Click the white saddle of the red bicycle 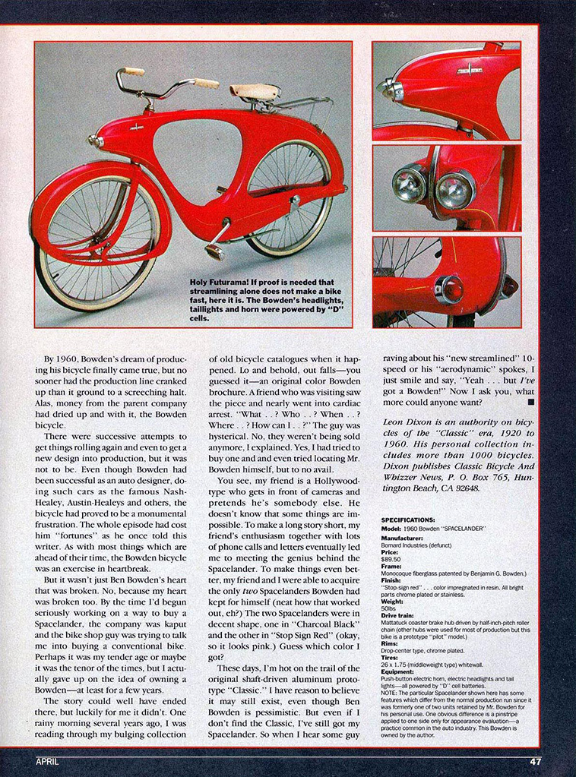[255, 91]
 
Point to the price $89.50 [390, 558]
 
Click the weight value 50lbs [389, 608]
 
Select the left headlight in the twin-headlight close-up [409, 185]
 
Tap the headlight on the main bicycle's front [95, 141]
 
